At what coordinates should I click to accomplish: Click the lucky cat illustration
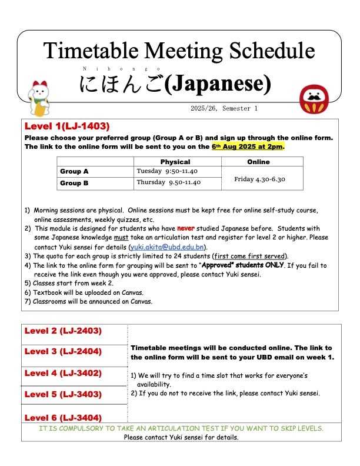pos(40,97)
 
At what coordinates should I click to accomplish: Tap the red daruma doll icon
pos(314,98)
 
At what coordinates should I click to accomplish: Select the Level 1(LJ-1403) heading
pos(67,127)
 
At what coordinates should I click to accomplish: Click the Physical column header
pos(175,162)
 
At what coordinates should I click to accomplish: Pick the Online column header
pos(259,162)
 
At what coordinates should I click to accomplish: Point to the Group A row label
pos(75,171)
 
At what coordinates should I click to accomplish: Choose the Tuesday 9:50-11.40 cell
pos(168,171)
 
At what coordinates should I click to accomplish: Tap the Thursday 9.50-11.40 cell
pos(169,182)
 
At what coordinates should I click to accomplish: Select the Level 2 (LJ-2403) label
pos(63,331)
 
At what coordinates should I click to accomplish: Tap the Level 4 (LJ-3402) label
pos(63,373)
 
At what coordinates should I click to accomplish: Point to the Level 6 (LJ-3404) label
pos(63,417)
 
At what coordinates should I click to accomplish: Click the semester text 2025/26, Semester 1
pos(224,109)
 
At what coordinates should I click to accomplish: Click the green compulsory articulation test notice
pos(181,428)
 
